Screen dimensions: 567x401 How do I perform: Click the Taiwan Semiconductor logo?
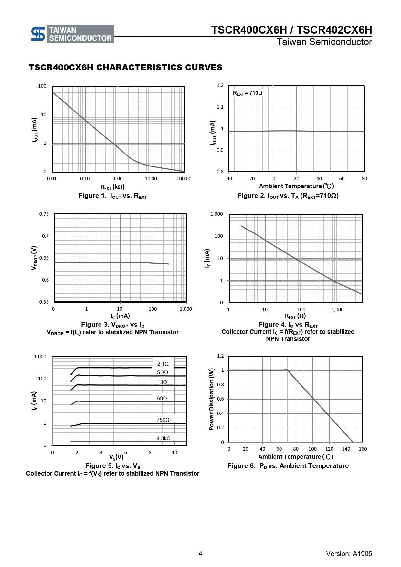tap(71, 34)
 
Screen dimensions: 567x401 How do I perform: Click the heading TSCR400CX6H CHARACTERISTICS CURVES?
tap(125, 67)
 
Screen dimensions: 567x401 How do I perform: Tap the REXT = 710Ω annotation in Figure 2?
tap(248, 93)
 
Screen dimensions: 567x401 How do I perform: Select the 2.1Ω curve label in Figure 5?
tap(163, 364)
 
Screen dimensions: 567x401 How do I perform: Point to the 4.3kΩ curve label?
tap(164, 438)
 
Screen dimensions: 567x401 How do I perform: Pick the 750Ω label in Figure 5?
tap(163, 420)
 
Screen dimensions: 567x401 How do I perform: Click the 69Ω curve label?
tap(162, 398)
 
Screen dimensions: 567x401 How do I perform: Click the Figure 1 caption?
tap(112, 196)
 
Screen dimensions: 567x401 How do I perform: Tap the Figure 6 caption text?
tap(288, 466)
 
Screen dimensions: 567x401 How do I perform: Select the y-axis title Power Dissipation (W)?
tap(211, 399)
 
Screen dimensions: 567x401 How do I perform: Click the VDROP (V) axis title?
tap(34, 258)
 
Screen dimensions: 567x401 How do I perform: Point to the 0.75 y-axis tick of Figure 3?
tap(44, 214)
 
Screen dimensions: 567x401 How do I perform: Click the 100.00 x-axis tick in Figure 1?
tap(184, 179)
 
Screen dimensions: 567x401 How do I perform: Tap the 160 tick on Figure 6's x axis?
tap(363, 449)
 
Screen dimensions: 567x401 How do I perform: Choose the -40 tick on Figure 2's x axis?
tap(228, 179)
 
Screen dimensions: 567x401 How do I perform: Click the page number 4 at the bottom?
tap(200, 554)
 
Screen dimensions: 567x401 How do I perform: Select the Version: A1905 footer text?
tap(349, 554)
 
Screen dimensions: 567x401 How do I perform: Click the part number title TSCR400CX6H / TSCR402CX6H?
tap(291, 30)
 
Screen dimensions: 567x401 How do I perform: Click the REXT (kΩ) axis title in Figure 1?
tap(112, 187)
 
